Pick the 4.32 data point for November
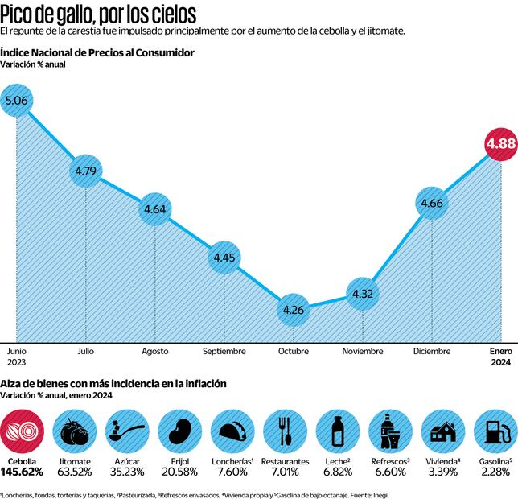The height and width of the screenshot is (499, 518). [x=363, y=294]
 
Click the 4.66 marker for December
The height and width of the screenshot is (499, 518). [x=432, y=203]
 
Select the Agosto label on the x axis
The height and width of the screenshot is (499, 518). [x=154, y=352]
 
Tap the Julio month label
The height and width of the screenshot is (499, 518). [x=85, y=352]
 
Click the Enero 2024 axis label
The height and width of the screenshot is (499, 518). [x=502, y=357]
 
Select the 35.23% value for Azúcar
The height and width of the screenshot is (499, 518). [x=128, y=472]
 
